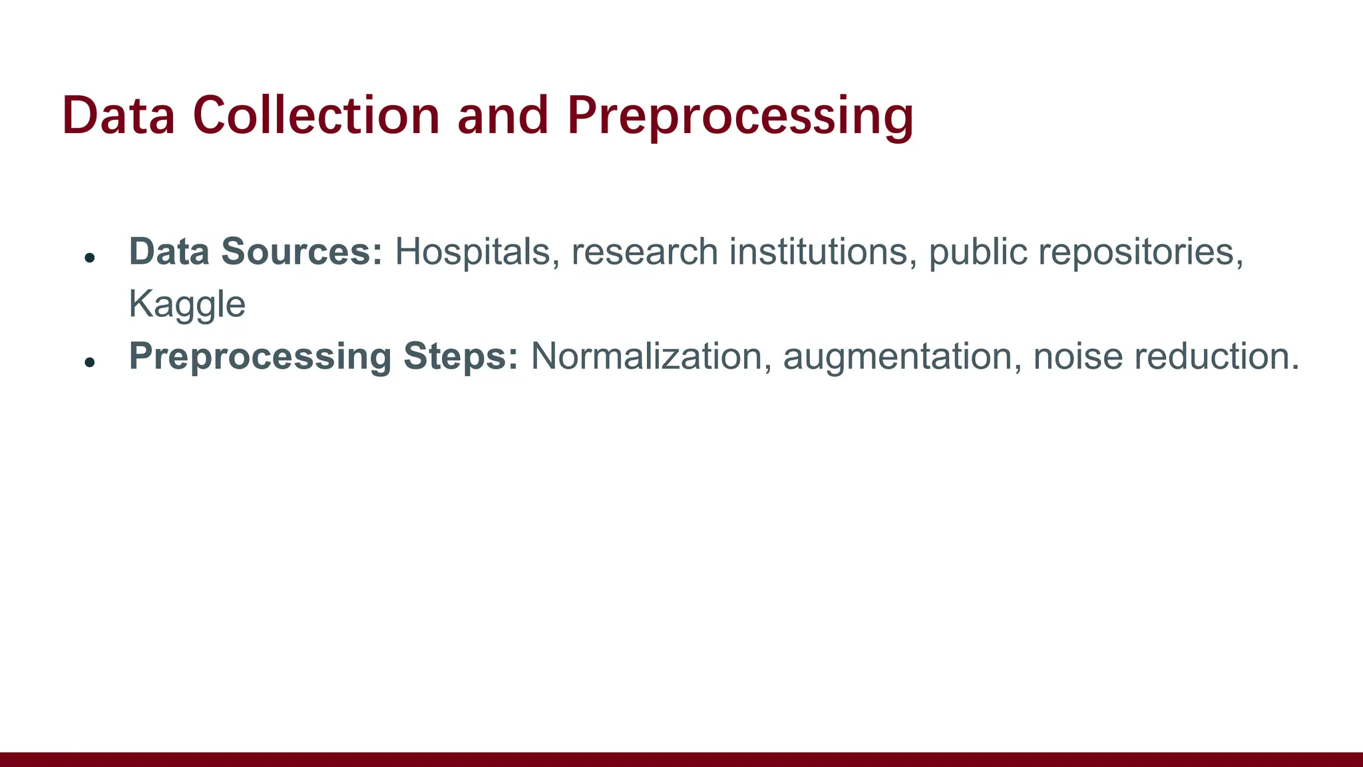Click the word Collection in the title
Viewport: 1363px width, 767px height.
point(316,116)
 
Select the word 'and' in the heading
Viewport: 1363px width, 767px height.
point(502,116)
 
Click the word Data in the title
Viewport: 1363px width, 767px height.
point(118,116)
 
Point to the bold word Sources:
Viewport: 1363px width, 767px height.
point(302,252)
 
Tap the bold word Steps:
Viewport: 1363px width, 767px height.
point(461,357)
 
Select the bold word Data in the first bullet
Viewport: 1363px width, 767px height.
point(169,252)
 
